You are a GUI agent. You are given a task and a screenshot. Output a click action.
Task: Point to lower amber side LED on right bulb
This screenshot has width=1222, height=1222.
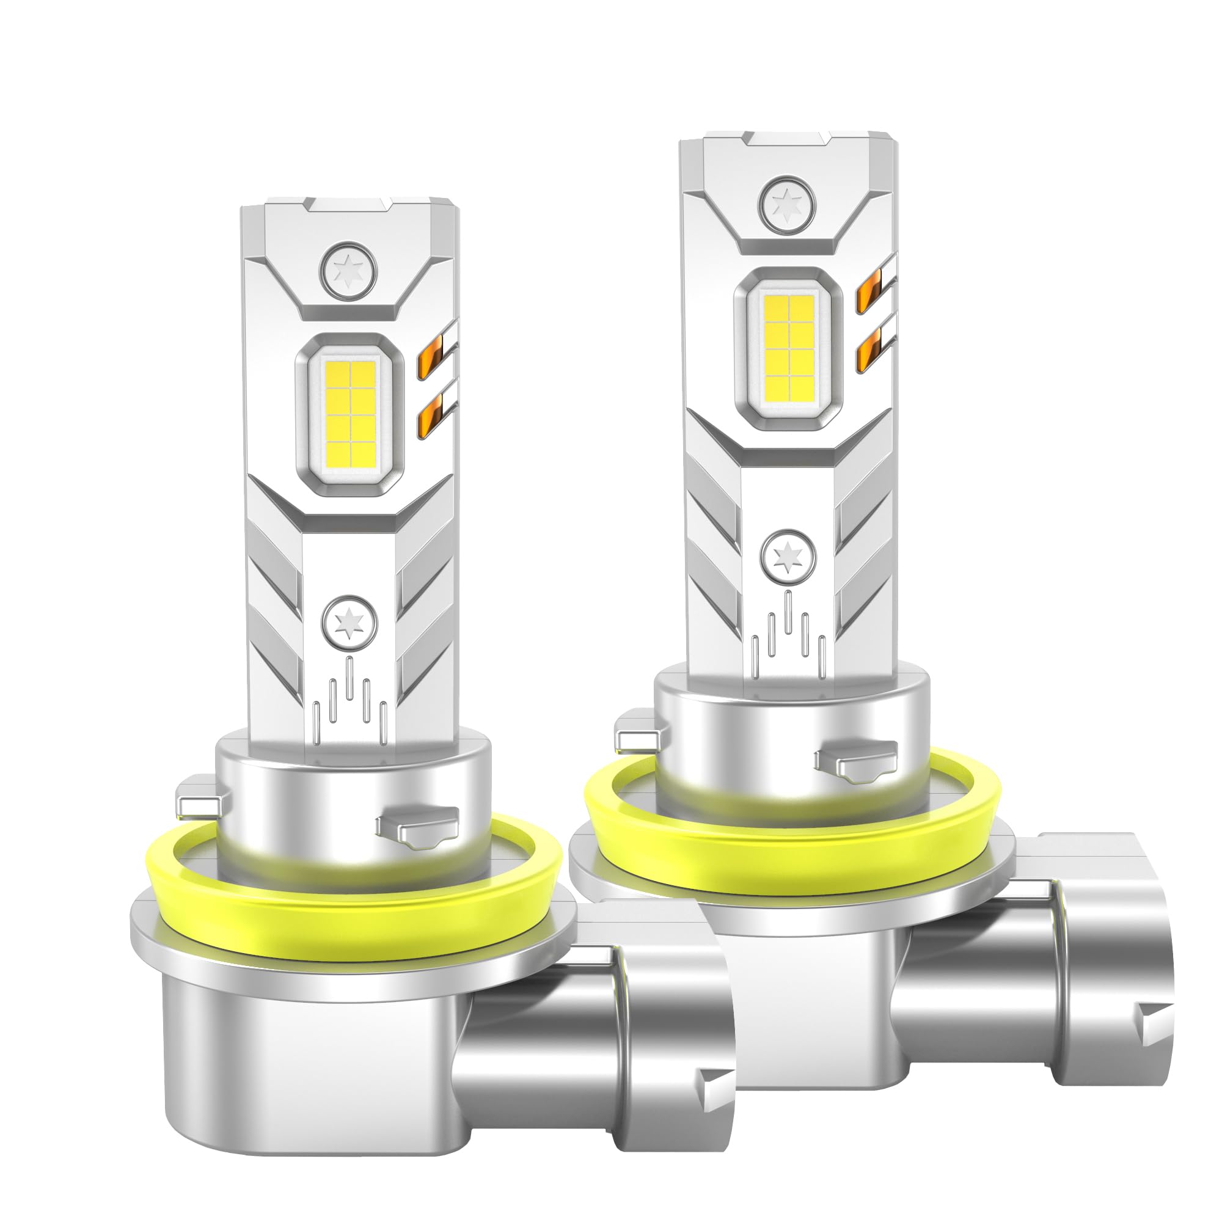click(x=873, y=349)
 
